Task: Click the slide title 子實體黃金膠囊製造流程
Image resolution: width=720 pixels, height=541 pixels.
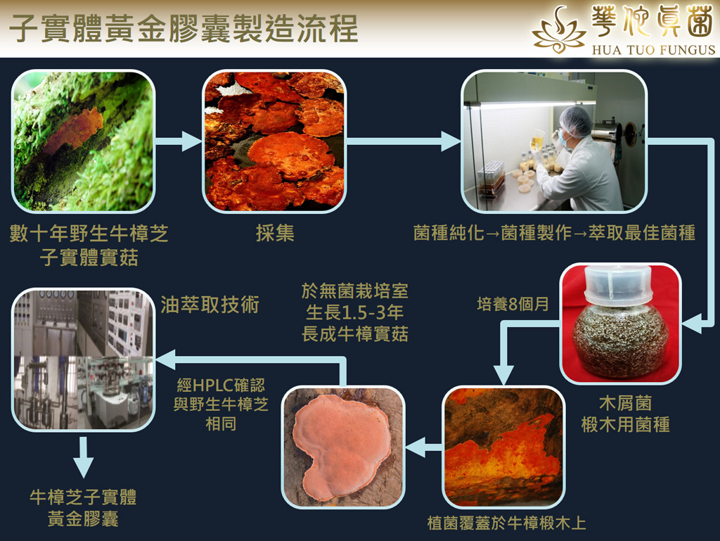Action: click(184, 28)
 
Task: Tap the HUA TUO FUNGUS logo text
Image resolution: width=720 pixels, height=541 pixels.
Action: click(653, 50)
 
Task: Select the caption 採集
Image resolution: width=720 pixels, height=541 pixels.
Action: click(275, 234)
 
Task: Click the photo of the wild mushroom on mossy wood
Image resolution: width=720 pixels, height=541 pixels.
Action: click(83, 141)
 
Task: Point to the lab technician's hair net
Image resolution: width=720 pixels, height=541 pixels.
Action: click(575, 121)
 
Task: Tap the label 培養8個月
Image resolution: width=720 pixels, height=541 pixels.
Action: click(513, 304)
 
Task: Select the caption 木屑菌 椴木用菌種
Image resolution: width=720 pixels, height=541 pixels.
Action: click(625, 414)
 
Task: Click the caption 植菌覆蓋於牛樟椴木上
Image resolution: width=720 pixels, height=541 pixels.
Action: click(506, 523)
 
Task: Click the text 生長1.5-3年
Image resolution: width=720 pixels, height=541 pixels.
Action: click(355, 313)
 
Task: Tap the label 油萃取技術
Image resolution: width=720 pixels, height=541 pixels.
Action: click(210, 305)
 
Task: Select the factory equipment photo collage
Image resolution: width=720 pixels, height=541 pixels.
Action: click(84, 360)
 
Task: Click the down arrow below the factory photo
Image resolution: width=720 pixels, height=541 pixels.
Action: click(83, 457)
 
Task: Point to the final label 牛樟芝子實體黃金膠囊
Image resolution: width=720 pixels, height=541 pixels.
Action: click(83, 508)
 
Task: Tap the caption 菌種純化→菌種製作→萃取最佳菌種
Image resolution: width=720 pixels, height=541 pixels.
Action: click(554, 233)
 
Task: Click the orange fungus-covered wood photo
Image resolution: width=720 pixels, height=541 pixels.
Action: click(503, 447)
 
